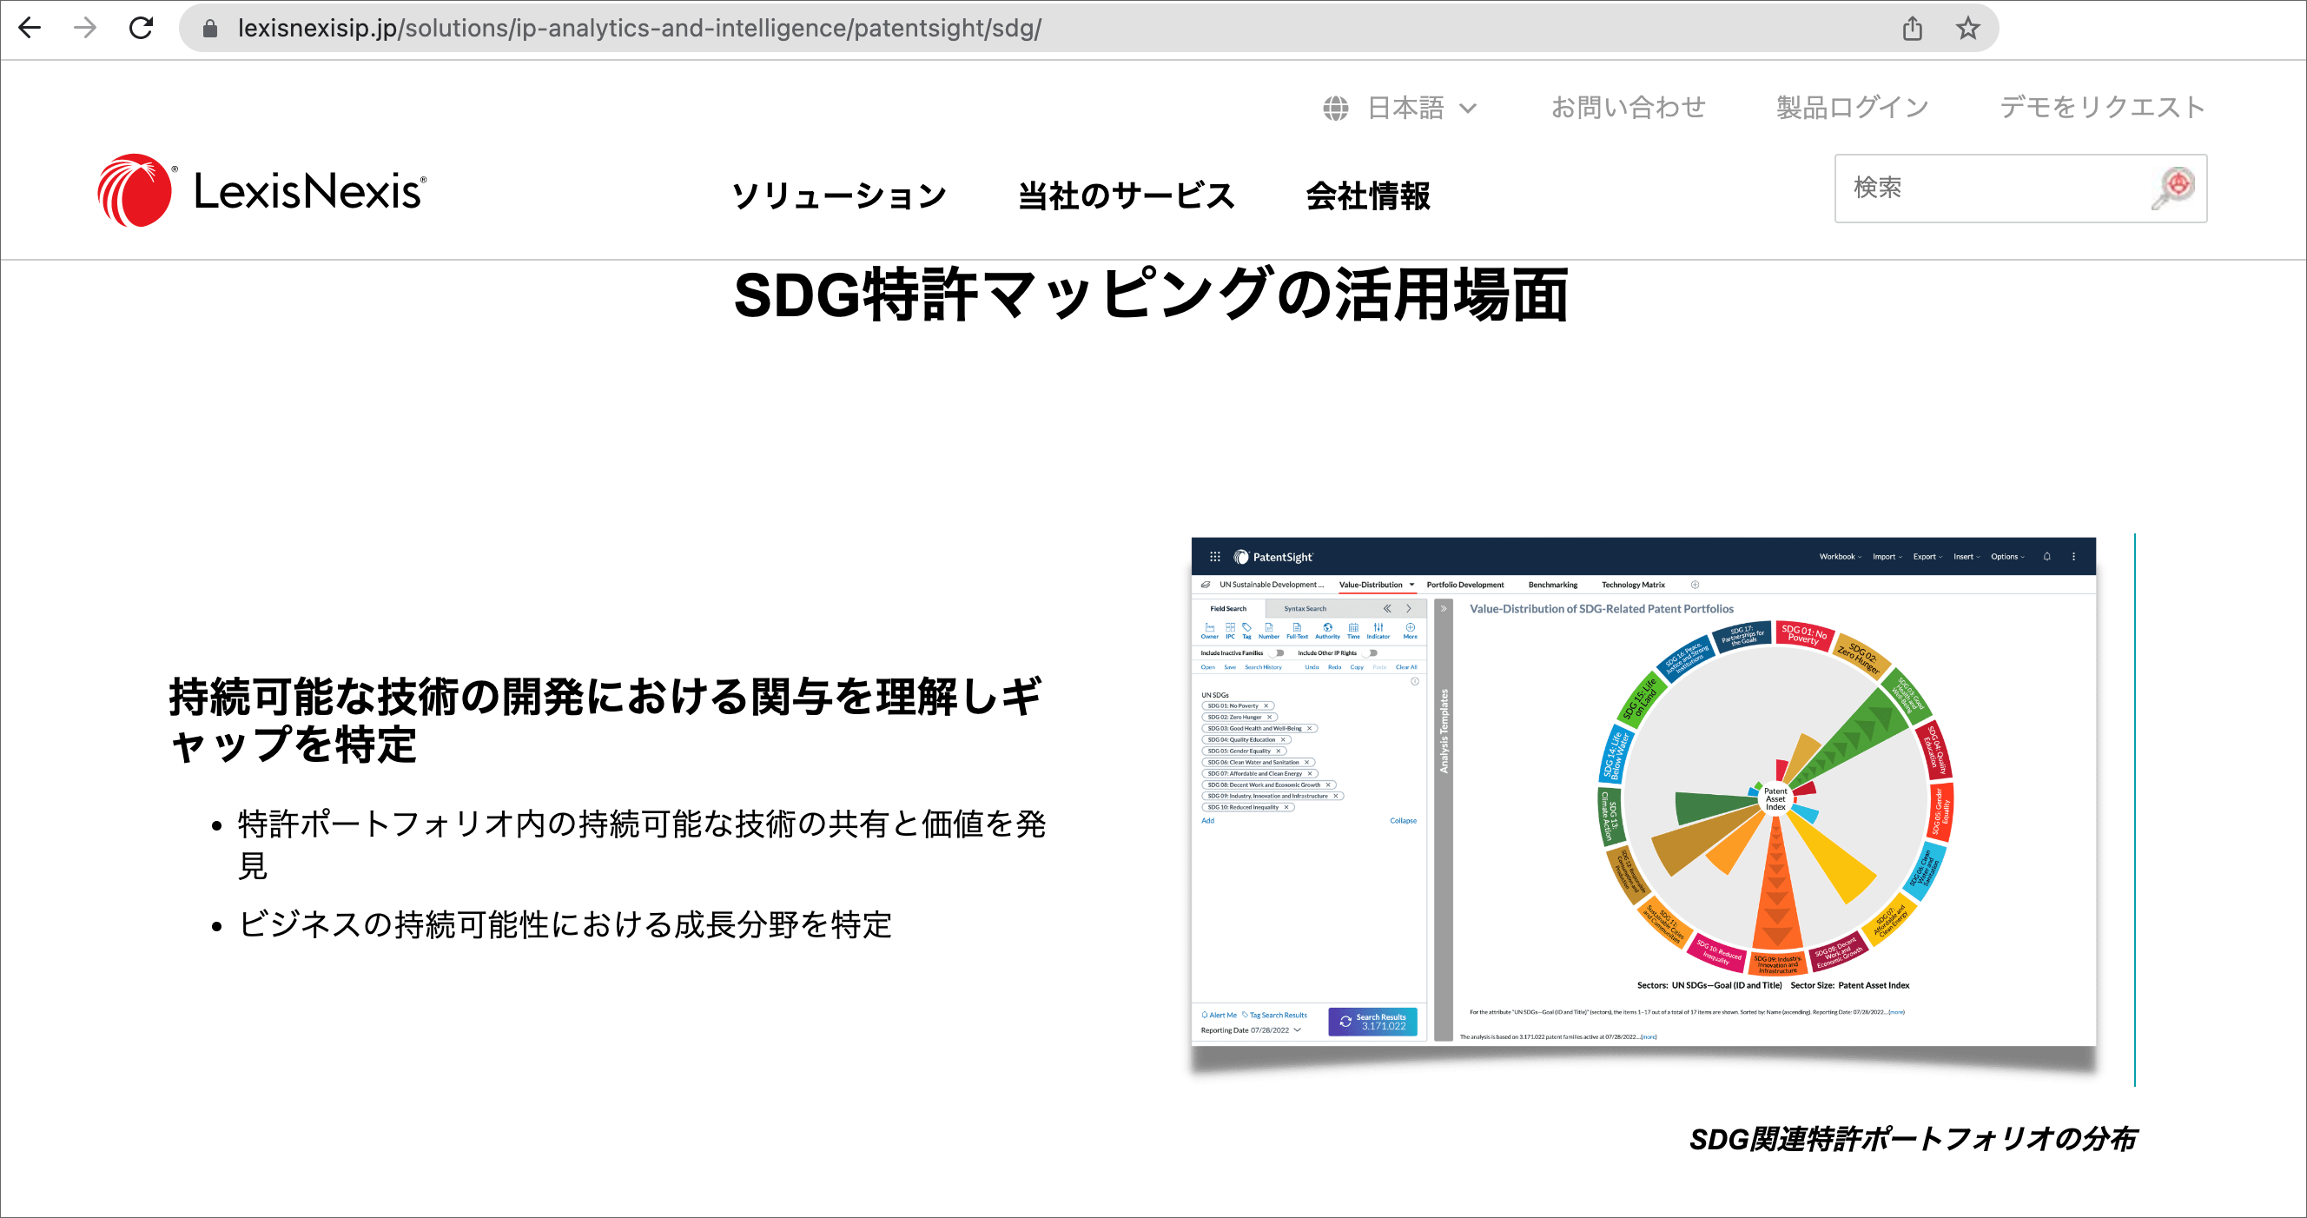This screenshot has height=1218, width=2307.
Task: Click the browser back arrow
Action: (30, 29)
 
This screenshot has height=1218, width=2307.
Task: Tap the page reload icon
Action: (142, 29)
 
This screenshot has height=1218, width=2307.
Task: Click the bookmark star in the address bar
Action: (1967, 29)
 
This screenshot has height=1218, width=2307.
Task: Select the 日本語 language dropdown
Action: (1401, 109)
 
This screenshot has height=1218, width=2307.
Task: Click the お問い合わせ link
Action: (1627, 109)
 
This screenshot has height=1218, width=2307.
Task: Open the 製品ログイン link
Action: (1851, 109)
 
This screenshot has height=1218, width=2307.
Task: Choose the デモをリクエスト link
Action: (2101, 109)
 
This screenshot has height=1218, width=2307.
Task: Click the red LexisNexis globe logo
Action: (135, 191)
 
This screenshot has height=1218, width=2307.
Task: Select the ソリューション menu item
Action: (838, 196)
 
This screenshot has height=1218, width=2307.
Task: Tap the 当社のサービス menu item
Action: (1126, 196)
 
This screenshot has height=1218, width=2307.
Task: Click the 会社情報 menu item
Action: (1367, 196)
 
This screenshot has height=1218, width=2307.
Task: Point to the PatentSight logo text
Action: (1281, 557)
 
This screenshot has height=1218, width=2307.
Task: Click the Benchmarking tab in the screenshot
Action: (1552, 585)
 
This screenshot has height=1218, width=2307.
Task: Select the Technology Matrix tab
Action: (1633, 585)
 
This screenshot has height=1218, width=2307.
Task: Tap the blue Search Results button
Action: (1372, 1021)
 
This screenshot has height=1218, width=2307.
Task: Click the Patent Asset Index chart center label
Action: (1775, 798)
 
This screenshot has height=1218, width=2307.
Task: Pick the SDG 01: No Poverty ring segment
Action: (1804, 635)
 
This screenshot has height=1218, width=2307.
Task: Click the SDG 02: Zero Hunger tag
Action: (1236, 718)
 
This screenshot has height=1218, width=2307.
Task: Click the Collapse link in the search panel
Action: (1403, 820)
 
